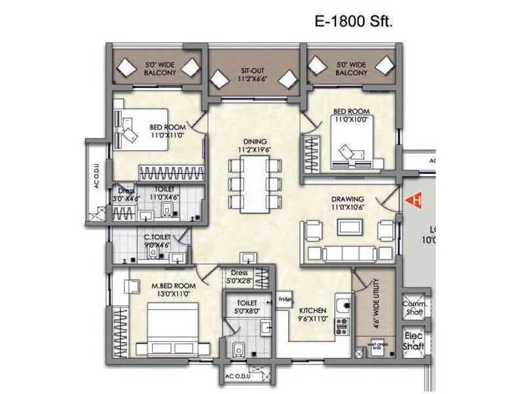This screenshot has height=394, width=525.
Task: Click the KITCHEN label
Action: [313, 310]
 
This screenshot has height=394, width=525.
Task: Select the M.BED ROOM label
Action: [174, 286]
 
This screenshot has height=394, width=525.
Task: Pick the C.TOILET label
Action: [157, 237]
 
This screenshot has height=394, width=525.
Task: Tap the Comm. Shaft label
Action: [415, 309]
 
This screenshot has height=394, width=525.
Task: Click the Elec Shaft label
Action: [415, 341]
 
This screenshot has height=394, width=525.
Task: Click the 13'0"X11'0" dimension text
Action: [174, 295]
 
